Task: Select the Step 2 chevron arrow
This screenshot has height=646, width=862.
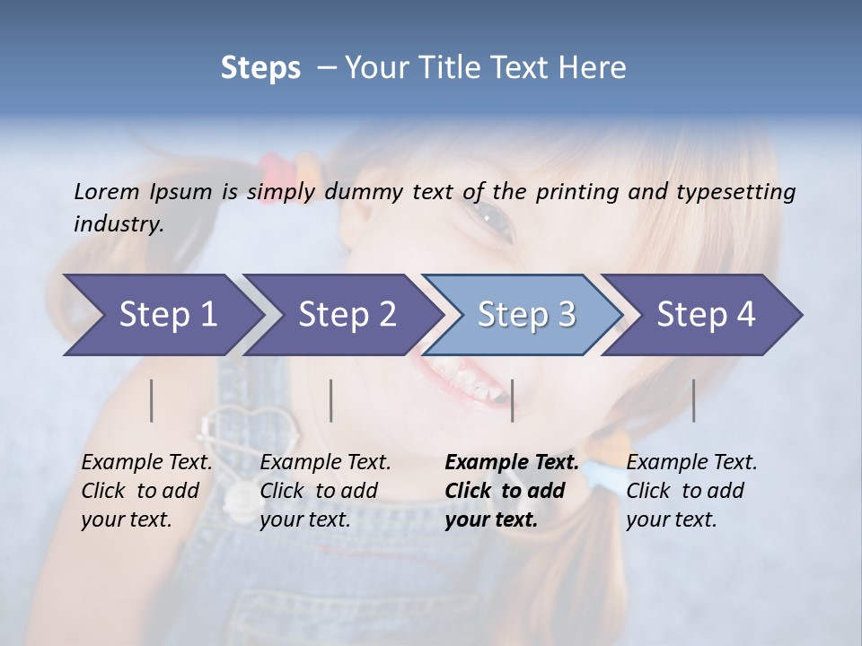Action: (x=346, y=315)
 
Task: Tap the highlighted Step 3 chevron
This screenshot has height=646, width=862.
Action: (x=525, y=315)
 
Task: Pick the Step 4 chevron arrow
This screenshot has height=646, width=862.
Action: (x=705, y=315)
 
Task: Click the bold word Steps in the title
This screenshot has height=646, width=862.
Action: (x=260, y=68)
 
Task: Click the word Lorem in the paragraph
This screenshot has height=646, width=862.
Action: (x=106, y=191)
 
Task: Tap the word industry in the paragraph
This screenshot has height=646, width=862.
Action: (x=118, y=224)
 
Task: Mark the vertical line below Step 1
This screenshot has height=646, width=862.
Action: (x=152, y=400)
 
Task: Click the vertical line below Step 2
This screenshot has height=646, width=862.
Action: (x=331, y=400)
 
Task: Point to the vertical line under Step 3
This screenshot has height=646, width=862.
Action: (x=512, y=400)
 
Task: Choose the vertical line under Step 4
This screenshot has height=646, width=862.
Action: (x=694, y=400)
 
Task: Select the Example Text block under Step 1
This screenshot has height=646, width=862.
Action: (x=145, y=491)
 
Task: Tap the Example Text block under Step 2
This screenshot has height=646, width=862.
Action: (x=324, y=491)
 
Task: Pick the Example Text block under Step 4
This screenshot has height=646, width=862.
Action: (x=690, y=491)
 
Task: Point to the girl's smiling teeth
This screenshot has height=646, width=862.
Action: (x=462, y=377)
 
